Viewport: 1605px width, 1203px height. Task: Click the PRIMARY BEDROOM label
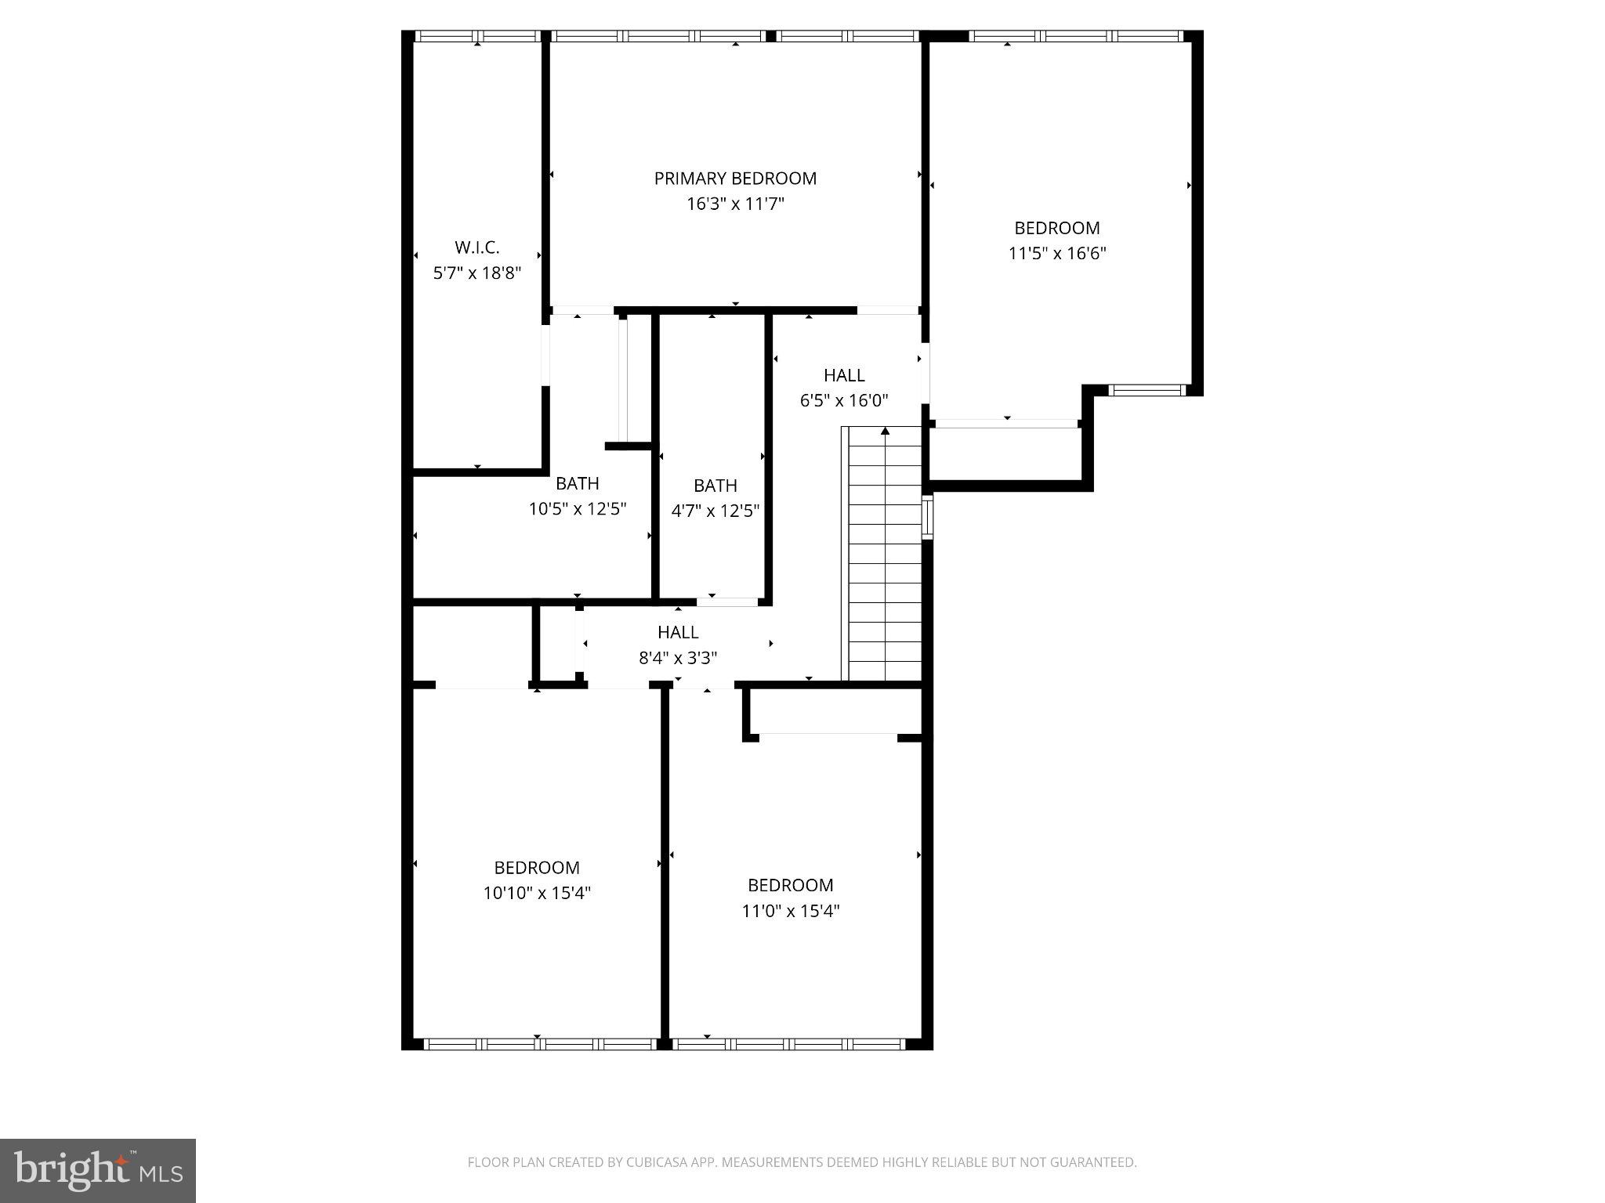click(x=735, y=179)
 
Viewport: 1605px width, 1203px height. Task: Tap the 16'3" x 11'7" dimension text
click(x=735, y=204)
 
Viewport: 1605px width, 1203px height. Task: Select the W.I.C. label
click(x=476, y=247)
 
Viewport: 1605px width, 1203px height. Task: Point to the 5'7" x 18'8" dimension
click(x=476, y=273)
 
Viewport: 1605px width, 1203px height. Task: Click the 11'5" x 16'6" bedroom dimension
click(x=1056, y=254)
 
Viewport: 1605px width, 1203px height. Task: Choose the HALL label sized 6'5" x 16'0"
click(x=843, y=375)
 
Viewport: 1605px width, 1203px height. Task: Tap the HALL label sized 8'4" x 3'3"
click(x=678, y=632)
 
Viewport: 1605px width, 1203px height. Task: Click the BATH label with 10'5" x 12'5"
click(x=578, y=483)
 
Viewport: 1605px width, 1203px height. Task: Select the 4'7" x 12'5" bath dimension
click(x=715, y=511)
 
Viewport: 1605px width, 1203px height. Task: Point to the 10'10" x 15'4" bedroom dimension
click(x=536, y=893)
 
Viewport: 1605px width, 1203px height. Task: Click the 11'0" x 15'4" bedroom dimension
click(x=790, y=911)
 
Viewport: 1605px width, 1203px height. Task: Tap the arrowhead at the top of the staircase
click(x=885, y=431)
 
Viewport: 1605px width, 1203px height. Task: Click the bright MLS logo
click(x=97, y=1170)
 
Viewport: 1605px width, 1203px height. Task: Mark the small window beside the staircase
click(x=927, y=516)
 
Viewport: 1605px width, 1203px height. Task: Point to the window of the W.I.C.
click(x=476, y=36)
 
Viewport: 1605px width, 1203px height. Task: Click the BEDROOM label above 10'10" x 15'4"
click(x=536, y=868)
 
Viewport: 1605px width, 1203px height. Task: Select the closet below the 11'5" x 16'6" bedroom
click(x=1006, y=454)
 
